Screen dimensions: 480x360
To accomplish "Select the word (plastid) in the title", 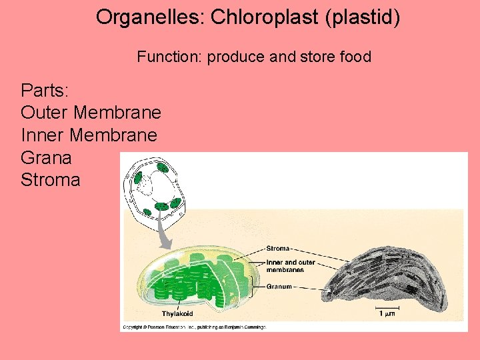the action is tap(363, 17).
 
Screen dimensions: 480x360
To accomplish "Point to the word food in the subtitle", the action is tap(355, 57).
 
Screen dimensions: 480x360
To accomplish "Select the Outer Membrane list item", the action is tap(91, 112).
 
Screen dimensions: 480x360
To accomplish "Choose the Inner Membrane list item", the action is tap(89, 135).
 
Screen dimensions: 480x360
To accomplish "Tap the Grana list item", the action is tap(46, 157).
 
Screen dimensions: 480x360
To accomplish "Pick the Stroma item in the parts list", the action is tap(51, 180).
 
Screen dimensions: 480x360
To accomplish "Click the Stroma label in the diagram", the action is tap(277, 249).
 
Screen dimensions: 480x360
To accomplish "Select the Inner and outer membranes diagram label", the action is tap(290, 266).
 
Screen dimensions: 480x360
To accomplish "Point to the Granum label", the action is tap(279, 287).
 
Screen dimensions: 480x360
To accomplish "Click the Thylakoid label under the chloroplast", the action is tap(178, 313).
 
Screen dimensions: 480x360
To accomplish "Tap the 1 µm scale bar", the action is tap(387, 311).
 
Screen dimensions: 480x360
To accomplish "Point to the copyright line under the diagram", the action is tap(193, 327).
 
